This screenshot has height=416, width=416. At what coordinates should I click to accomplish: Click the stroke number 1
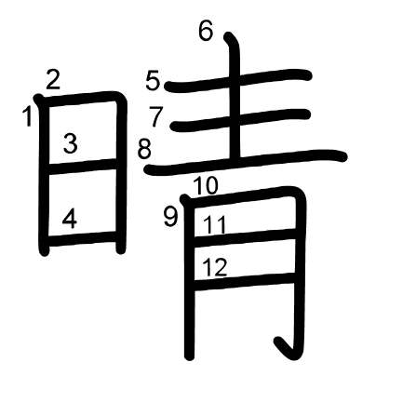pos(28,116)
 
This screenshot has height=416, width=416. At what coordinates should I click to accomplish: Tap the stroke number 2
pos(53,79)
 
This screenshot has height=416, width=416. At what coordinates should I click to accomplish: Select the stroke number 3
pos(71,143)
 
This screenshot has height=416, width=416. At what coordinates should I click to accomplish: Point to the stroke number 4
pos(70,219)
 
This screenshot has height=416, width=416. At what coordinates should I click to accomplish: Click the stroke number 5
pos(153,81)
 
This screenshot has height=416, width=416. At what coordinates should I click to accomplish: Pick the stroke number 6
pos(206,31)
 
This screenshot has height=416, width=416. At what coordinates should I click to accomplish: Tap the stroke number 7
pos(155,116)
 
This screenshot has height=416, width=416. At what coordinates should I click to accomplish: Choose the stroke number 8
pos(144,149)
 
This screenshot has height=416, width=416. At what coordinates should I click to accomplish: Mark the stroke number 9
pos(170,217)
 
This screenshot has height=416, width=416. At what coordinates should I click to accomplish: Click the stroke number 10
pos(206,186)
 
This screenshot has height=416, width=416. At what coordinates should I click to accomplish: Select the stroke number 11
pos(215,225)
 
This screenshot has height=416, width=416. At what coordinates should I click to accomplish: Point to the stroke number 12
pos(215,267)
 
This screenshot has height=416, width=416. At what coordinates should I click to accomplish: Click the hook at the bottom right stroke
pos(287,349)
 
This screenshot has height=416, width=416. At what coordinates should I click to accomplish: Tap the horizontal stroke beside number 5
pos(238,80)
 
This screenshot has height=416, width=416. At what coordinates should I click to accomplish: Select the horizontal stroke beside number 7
pos(241,120)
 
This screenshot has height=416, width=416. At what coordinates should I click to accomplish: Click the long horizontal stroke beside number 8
pos(246,161)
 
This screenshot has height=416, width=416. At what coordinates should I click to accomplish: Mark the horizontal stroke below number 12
pos(244,281)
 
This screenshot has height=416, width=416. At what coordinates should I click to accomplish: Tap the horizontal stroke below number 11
pos(244,238)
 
